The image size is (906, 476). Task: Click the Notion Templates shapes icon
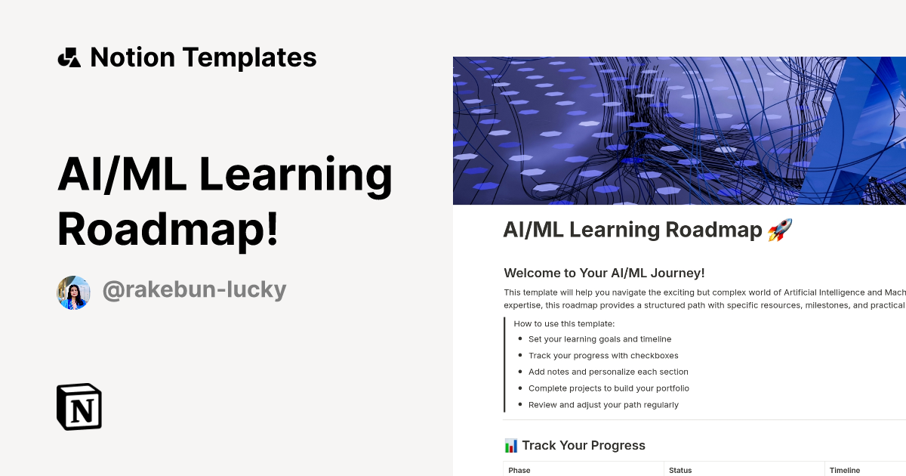click(x=69, y=57)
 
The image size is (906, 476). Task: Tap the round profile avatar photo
click(x=73, y=292)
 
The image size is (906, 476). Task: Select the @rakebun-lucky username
click(x=194, y=290)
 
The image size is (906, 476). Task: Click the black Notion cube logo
click(x=79, y=406)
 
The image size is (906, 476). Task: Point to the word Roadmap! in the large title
click(x=168, y=227)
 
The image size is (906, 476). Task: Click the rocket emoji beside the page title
click(x=780, y=230)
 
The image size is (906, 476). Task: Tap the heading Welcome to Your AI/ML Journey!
click(x=604, y=273)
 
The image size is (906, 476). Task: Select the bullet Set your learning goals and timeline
click(x=599, y=339)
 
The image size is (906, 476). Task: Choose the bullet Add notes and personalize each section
click(x=608, y=372)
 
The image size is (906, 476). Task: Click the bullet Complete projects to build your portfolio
click(x=609, y=388)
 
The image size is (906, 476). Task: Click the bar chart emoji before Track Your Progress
click(x=510, y=445)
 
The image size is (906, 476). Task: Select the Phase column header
click(x=519, y=470)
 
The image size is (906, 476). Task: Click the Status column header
click(x=680, y=470)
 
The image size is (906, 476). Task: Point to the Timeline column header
click(x=845, y=470)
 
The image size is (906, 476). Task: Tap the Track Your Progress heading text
click(x=584, y=445)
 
